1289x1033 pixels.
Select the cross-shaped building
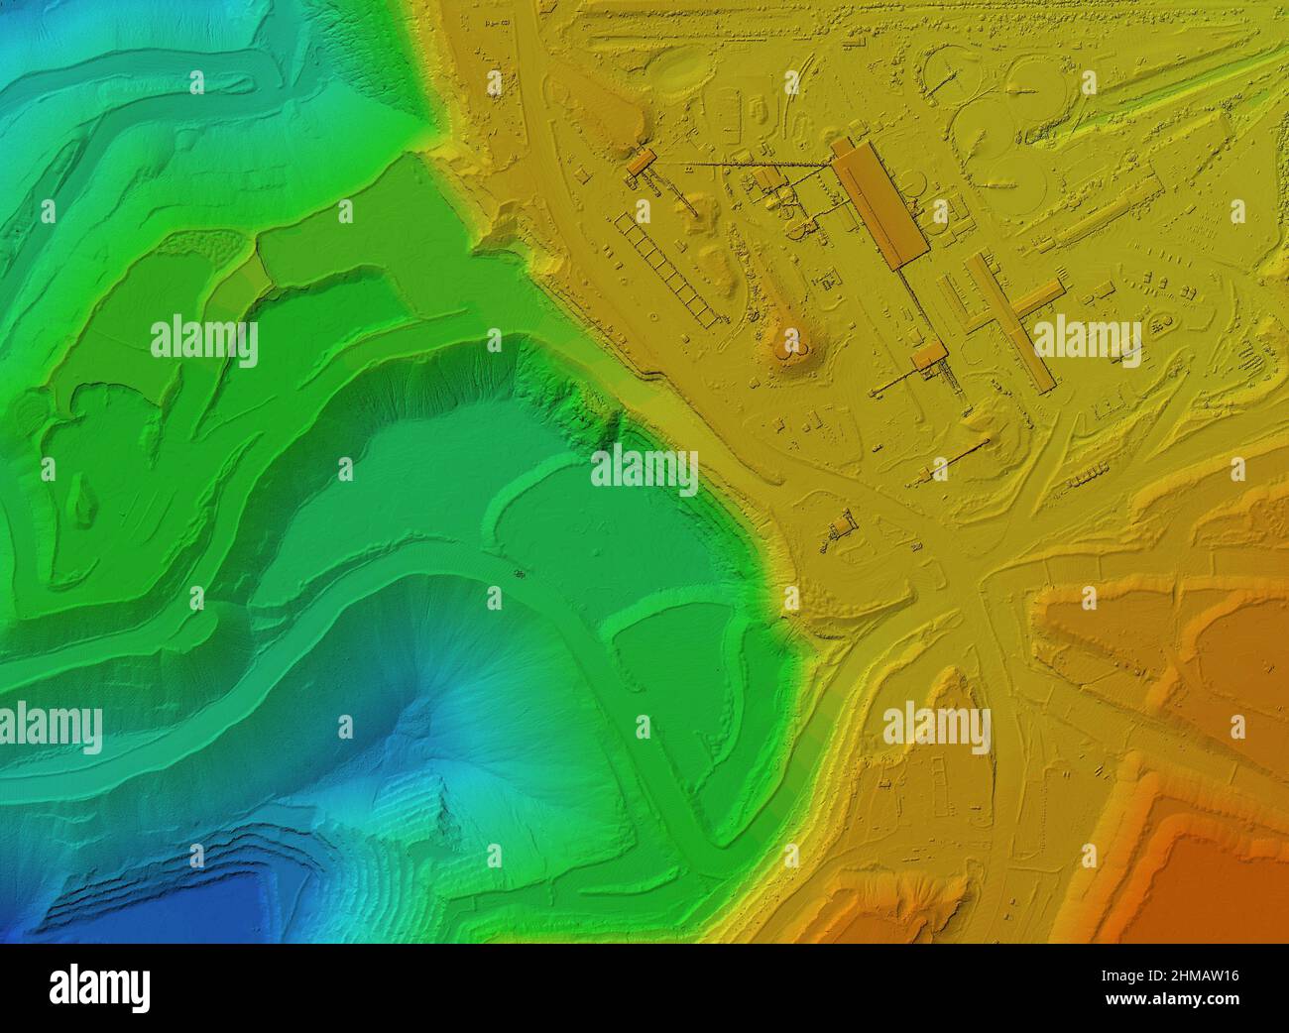click(1012, 317)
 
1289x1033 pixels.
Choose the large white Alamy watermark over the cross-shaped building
click(1087, 343)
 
